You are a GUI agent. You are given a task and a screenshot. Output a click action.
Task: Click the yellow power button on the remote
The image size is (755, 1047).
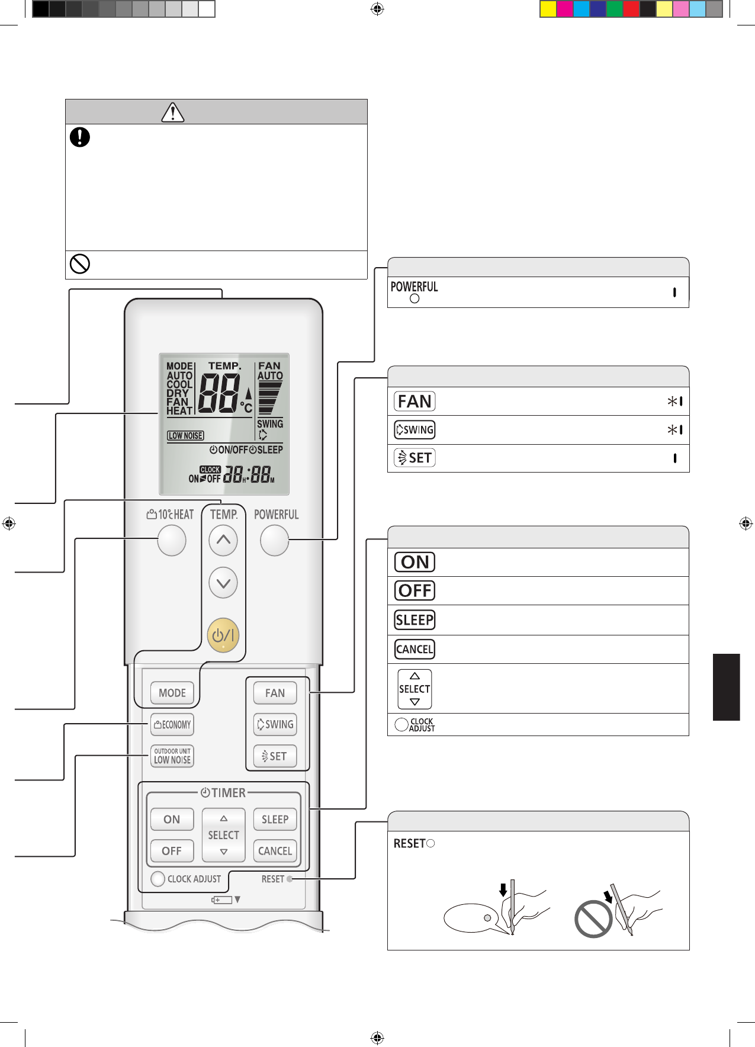pyautogui.click(x=223, y=635)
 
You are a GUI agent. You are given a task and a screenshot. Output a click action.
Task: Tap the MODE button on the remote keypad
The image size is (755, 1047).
pyautogui.click(x=172, y=693)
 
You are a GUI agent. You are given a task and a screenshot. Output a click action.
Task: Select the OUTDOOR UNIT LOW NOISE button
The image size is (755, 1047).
pyautogui.click(x=172, y=756)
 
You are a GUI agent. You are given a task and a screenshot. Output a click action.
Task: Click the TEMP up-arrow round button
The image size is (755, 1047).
pyautogui.click(x=223, y=540)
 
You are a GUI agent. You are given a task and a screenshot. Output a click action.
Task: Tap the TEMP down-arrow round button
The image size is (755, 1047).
pyautogui.click(x=223, y=583)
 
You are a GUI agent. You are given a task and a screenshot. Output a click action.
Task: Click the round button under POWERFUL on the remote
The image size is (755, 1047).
pyautogui.click(x=274, y=541)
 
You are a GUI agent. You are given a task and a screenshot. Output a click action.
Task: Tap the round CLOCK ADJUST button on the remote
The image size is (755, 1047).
pyautogui.click(x=158, y=879)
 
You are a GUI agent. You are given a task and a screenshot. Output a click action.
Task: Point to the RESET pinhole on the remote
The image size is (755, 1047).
pyautogui.click(x=290, y=879)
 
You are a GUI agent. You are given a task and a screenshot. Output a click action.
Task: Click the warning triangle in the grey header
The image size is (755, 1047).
pyautogui.click(x=173, y=112)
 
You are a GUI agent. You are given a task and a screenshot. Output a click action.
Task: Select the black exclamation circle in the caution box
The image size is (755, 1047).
pyautogui.click(x=80, y=137)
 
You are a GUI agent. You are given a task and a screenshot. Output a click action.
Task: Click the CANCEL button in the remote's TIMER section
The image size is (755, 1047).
pyautogui.click(x=275, y=851)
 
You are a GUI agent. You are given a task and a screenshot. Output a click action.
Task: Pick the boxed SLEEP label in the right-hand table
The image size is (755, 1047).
pyautogui.click(x=415, y=620)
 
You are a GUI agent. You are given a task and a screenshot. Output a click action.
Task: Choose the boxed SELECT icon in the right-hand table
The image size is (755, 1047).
pyautogui.click(x=415, y=689)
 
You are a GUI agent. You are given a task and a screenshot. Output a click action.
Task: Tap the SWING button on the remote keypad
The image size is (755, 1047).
pyautogui.click(x=275, y=724)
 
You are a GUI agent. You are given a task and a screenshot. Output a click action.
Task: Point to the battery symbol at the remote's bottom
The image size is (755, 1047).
pyautogui.click(x=222, y=900)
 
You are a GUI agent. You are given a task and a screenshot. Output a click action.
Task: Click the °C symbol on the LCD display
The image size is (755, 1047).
pyautogui.click(x=246, y=407)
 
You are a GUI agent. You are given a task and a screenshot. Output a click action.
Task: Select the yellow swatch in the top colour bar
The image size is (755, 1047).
pyautogui.click(x=548, y=9)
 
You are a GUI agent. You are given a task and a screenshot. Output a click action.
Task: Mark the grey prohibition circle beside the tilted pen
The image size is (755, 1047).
pyautogui.click(x=593, y=918)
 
